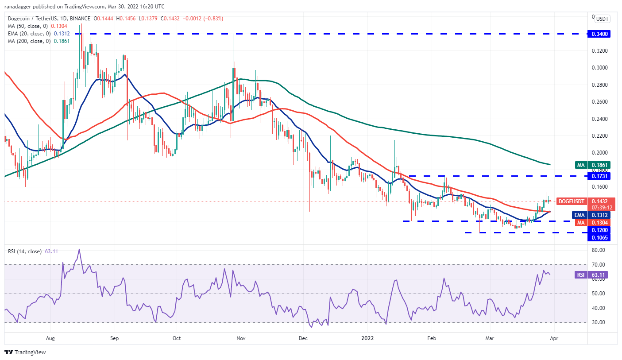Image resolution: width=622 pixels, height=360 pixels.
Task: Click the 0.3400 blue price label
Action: pos(599,34)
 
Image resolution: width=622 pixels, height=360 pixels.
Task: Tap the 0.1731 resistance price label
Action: pos(599,176)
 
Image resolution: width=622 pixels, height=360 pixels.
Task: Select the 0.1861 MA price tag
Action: pos(599,165)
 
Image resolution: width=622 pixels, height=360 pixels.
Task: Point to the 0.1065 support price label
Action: pos(599,238)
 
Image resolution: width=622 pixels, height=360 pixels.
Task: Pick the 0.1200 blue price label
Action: pos(599,230)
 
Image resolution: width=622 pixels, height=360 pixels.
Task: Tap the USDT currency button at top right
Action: pos(602,19)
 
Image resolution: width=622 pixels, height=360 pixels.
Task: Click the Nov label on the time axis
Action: pos(241,338)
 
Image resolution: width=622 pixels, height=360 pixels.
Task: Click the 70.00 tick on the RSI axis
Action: pos(599,265)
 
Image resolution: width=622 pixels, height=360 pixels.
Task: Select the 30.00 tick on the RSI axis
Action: pos(599,322)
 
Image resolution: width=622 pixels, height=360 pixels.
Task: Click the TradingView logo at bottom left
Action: pos(25,352)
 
